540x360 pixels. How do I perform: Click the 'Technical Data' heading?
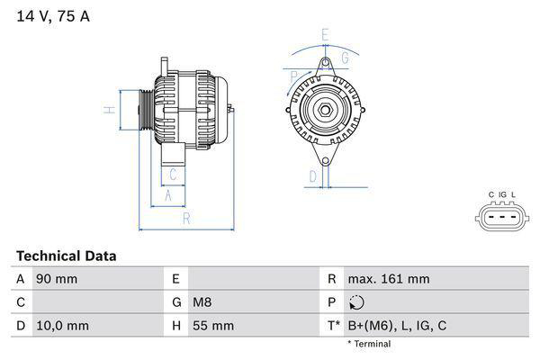(66, 256)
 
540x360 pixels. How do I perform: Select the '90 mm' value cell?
(56, 279)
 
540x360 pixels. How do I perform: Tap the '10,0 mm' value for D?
(61, 326)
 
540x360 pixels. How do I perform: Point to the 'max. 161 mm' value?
(391, 279)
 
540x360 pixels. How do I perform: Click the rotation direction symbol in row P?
(356, 302)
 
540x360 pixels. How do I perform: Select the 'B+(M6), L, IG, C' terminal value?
(397, 326)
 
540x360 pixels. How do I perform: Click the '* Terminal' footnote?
(369, 344)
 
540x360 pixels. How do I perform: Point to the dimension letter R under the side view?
(185, 218)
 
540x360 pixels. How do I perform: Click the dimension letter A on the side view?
(167, 194)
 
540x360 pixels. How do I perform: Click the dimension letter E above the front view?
(325, 35)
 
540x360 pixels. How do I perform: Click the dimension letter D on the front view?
(312, 176)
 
